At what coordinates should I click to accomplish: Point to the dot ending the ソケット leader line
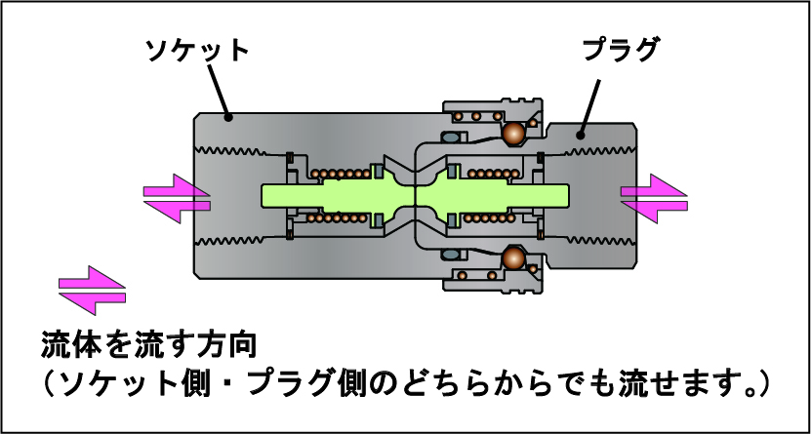[x=228, y=117]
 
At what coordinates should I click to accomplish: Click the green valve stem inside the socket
[x=322, y=195]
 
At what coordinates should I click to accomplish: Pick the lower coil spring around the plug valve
[x=488, y=217]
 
